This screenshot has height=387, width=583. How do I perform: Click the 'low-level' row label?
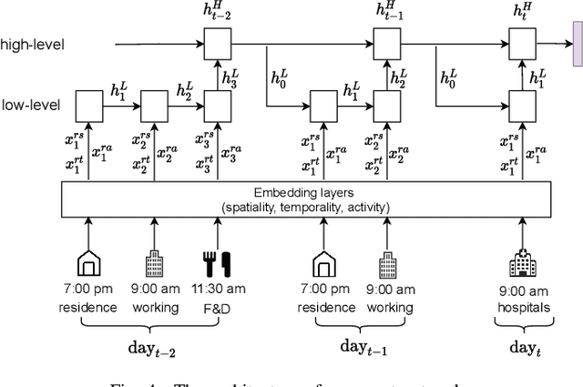(31, 105)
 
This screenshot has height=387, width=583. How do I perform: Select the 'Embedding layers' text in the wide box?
(306, 194)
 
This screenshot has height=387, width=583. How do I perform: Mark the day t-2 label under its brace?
(153, 348)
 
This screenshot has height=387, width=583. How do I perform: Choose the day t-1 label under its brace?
(357, 348)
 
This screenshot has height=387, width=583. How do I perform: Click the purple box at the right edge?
(577, 43)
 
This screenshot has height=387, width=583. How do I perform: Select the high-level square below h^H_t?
(521, 43)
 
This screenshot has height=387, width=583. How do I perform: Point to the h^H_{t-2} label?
(217, 12)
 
